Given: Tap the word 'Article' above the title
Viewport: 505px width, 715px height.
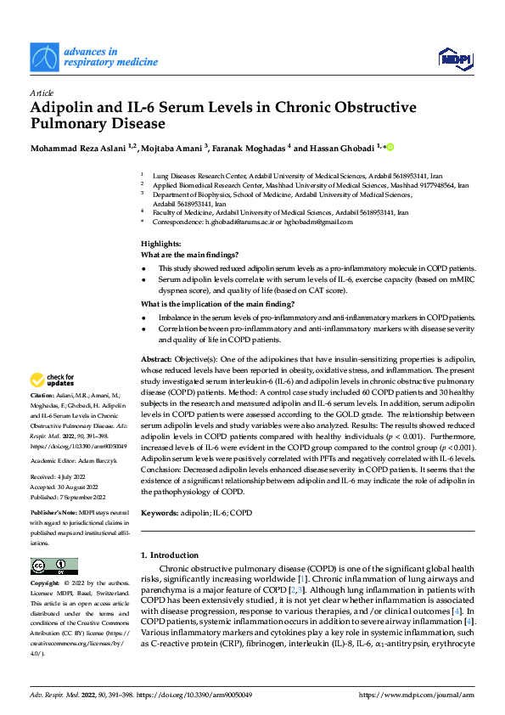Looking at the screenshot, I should (x=42, y=92).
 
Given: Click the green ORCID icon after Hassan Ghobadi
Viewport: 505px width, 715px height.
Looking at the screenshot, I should (x=391, y=148).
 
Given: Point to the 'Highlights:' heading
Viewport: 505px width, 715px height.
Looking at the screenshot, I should (x=161, y=244).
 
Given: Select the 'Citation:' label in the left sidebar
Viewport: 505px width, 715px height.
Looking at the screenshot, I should (x=42, y=397).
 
